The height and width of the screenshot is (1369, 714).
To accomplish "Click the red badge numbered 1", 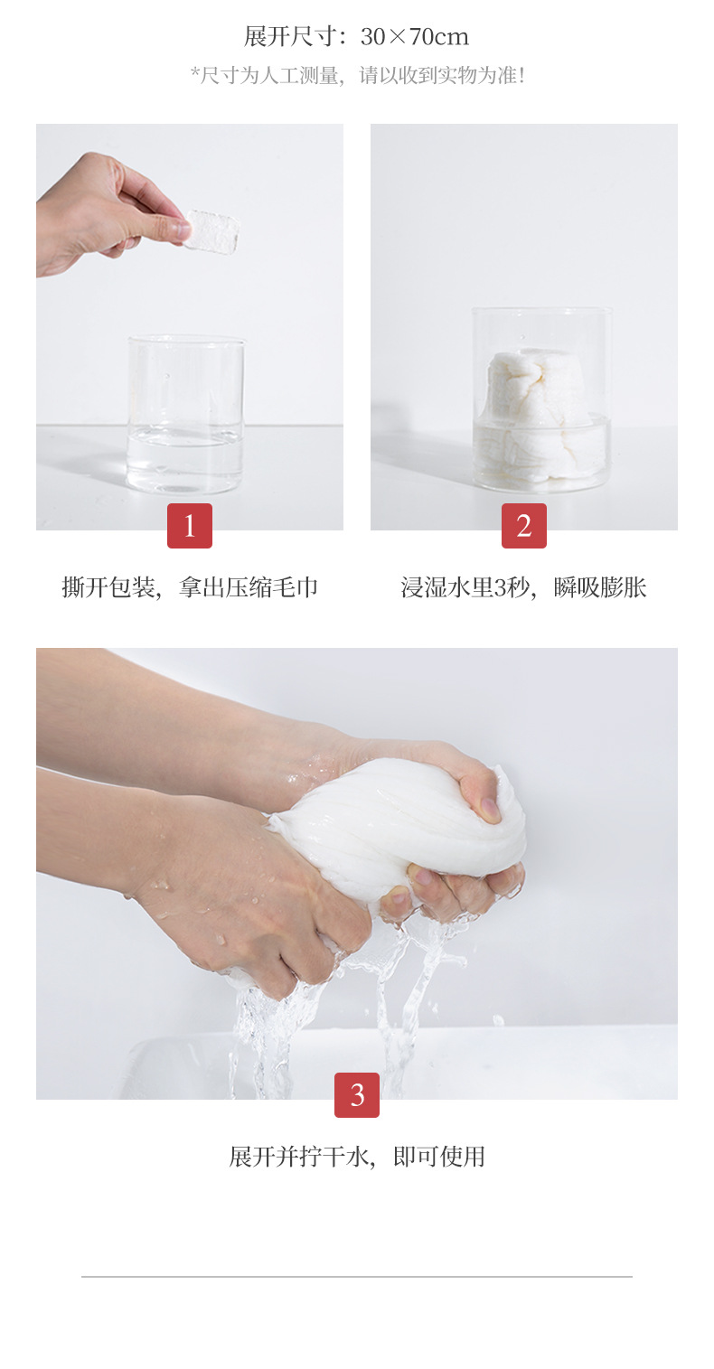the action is coord(190,526).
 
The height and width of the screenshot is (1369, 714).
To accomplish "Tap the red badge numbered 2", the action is coord(524,526).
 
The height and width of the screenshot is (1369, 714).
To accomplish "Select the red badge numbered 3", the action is coord(357,1094).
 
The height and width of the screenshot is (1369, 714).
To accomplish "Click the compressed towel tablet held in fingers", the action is coord(212,231).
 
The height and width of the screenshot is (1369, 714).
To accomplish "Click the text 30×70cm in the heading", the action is coord(415,37).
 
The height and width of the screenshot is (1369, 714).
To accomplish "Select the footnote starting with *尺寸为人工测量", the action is coord(357,76).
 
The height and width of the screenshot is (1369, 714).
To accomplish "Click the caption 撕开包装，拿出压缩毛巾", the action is coord(190,587).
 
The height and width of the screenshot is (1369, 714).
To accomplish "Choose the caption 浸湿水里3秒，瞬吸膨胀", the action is coord(524,587).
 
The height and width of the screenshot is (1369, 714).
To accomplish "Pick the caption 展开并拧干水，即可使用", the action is coord(357,1157).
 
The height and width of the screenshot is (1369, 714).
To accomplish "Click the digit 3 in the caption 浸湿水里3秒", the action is coord(502,588).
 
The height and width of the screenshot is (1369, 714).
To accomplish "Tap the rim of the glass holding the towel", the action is coord(541,310).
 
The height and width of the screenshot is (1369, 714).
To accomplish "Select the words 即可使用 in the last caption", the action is coord(439,1157).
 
